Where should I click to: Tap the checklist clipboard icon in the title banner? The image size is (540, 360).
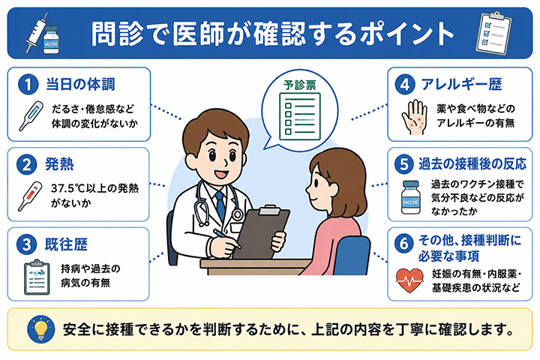tap(493, 33)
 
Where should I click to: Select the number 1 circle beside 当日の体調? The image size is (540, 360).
tap(28, 85)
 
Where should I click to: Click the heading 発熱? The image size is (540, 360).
tap(59, 164)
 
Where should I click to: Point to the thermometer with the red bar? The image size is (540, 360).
tap(30, 196)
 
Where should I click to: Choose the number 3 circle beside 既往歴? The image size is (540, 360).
tap(26, 244)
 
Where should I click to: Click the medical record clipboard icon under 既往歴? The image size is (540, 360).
tap(37, 277)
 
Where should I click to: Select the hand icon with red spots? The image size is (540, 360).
tap(415, 117)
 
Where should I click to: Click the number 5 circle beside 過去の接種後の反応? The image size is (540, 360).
tap(404, 164)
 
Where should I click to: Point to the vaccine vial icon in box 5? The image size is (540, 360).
tap(411, 197)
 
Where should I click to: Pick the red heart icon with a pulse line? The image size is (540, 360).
tap(409, 280)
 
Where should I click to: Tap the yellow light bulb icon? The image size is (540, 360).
tap(41, 329)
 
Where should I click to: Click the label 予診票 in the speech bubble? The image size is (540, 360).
tap(299, 85)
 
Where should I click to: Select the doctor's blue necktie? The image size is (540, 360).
tap(220, 205)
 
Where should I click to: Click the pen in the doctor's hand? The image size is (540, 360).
tap(227, 238)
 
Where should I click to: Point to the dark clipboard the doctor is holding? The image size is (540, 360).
tap(261, 232)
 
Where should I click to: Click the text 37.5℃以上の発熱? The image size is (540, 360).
tap(94, 188)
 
